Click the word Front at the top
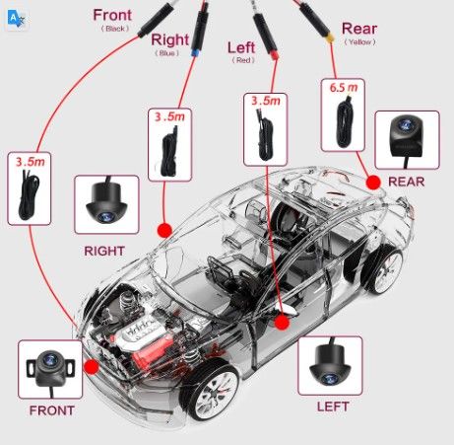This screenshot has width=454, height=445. click(x=112, y=15)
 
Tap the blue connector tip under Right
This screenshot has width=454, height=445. click(x=195, y=52)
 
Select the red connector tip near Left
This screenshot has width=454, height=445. click(x=274, y=55)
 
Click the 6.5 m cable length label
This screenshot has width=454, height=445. click(x=344, y=88)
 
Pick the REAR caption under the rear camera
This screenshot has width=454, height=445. click(x=406, y=182)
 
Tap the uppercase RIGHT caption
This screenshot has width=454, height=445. click(x=104, y=251)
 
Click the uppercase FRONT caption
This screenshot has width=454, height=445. click(x=52, y=410)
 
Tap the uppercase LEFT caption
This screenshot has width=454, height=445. click(x=333, y=407)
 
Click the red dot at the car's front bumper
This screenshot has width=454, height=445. click(x=92, y=367)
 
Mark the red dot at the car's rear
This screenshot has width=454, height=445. click(x=373, y=183)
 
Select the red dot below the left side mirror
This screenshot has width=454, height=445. click(x=282, y=322)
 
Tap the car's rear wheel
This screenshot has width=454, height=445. click(x=384, y=269)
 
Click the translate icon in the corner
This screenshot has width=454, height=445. click(x=16, y=19)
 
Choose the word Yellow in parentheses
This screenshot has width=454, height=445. click(x=360, y=42)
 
